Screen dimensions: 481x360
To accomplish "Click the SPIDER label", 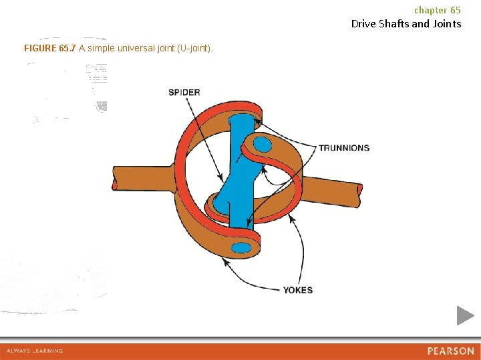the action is (184, 93).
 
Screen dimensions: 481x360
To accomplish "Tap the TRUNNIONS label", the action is (343, 148).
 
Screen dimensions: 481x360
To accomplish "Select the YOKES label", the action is (297, 290).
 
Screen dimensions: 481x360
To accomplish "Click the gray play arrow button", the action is (465, 315).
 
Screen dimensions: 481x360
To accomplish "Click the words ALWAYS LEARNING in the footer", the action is (35, 351).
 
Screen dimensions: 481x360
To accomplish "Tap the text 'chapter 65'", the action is (437, 10).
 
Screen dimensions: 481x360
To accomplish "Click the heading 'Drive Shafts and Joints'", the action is (406, 24).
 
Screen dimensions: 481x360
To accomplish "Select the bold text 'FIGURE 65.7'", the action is (49, 49).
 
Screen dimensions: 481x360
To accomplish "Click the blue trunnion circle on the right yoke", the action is (263, 145).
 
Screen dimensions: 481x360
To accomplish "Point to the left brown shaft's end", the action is (115, 178).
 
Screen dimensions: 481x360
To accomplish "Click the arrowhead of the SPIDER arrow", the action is (222, 179).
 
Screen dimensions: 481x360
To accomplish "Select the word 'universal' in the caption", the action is (136, 49).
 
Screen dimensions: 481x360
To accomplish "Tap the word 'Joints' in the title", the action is (447, 24).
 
